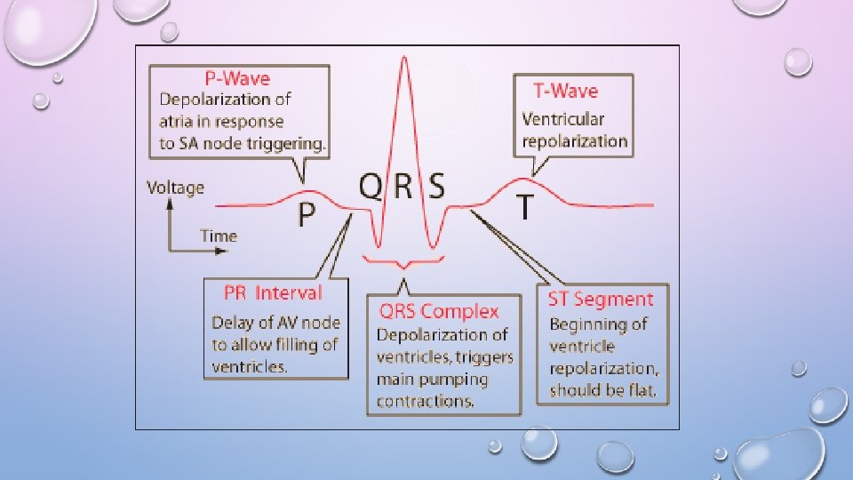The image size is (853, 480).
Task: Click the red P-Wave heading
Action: [239, 79]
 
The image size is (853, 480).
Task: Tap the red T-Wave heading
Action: [565, 91]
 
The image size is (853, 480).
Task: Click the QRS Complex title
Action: [439, 311]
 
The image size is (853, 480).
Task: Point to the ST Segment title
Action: [601, 300]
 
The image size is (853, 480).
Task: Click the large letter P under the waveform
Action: [306, 214]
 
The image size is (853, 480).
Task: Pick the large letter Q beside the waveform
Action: [371, 187]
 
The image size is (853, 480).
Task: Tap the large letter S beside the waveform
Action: [436, 187]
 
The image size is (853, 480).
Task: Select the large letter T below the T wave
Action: [526, 208]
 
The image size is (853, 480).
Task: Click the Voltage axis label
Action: [175, 188]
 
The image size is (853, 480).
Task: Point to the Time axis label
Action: [219, 236]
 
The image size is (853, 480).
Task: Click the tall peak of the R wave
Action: [404, 59]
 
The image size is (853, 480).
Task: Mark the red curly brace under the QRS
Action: [403, 262]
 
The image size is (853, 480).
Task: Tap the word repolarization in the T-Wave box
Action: [575, 140]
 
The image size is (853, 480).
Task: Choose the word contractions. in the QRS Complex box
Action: [426, 401]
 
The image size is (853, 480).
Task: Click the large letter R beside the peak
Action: [404, 187]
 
